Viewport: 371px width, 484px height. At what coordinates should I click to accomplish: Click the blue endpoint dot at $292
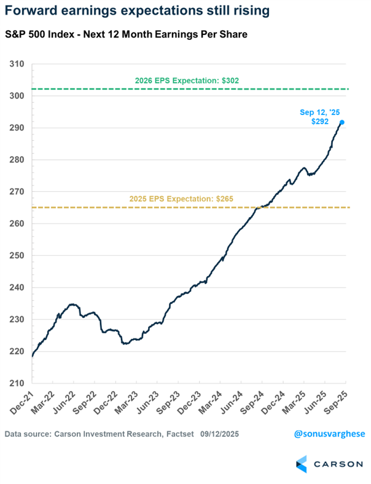coord(342,122)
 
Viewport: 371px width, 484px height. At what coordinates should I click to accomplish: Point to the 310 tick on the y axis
coord(16,64)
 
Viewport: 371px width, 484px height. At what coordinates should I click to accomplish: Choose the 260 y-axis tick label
coord(16,224)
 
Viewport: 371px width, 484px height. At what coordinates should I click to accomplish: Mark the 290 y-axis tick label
coord(16,128)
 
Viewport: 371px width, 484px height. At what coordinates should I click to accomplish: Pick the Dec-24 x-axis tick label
coord(274,403)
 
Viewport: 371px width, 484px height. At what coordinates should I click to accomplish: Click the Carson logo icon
coord(302,464)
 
